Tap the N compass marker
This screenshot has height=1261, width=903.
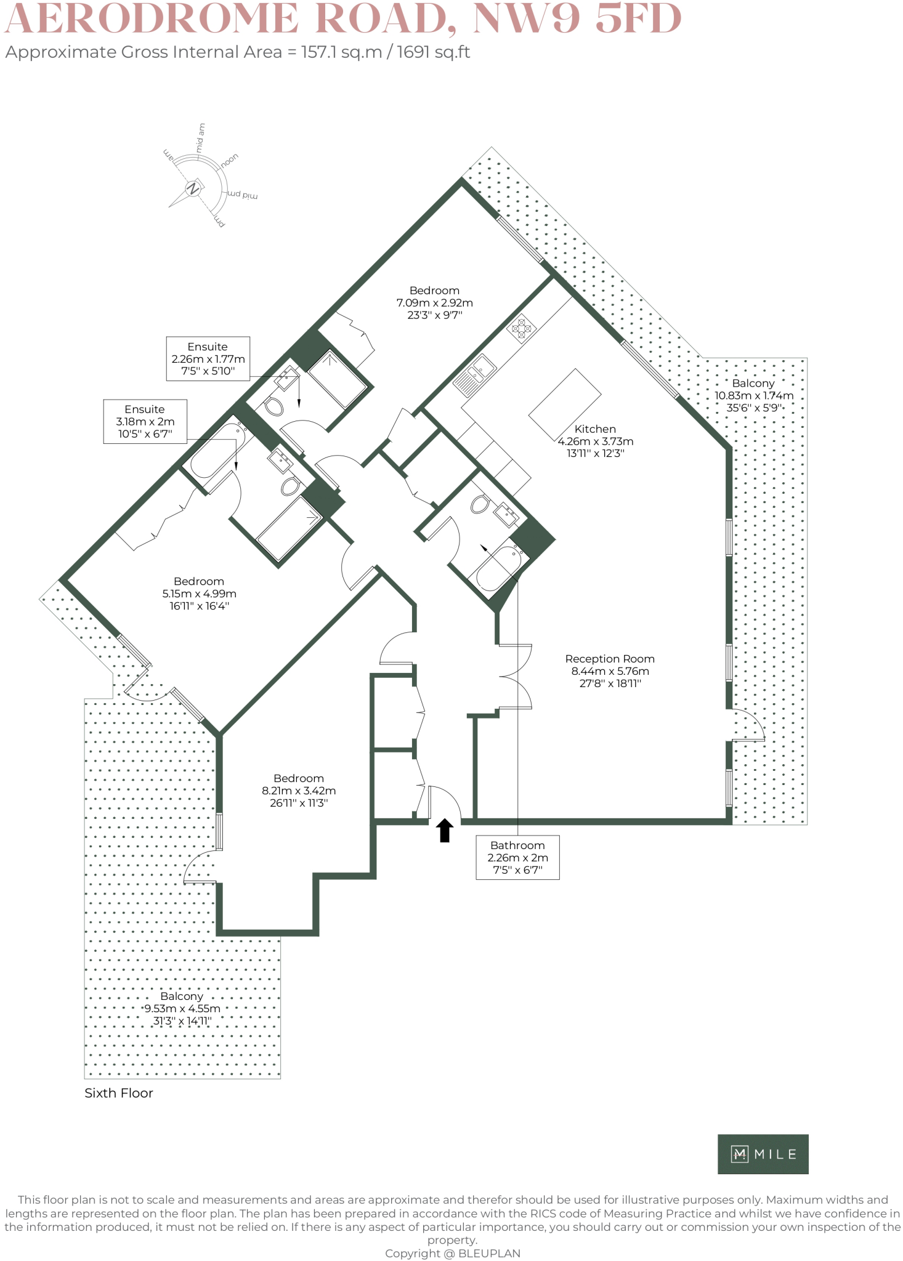pos(193,188)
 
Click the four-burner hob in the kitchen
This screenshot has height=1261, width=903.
pos(522,328)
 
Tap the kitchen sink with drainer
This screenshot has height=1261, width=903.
pos(475,375)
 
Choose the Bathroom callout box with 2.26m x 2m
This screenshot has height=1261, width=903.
pos(518,857)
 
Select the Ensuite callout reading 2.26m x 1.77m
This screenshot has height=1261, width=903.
pos(208,358)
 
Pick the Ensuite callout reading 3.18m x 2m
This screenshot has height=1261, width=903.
pos(145,422)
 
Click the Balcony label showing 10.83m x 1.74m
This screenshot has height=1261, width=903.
pos(753,395)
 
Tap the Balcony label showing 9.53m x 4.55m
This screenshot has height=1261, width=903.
pos(182,1009)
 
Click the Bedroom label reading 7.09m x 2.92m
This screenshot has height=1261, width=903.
pos(434,302)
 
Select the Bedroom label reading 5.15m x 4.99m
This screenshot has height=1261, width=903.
pos(199,594)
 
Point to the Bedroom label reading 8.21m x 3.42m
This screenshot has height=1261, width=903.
pos(299,791)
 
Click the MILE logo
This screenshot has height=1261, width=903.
pos(763,1154)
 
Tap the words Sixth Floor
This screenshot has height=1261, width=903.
pos(119,1093)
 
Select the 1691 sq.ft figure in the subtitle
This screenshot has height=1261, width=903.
pos(433,52)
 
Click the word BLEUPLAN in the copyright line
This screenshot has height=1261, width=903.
pos(489,1254)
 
